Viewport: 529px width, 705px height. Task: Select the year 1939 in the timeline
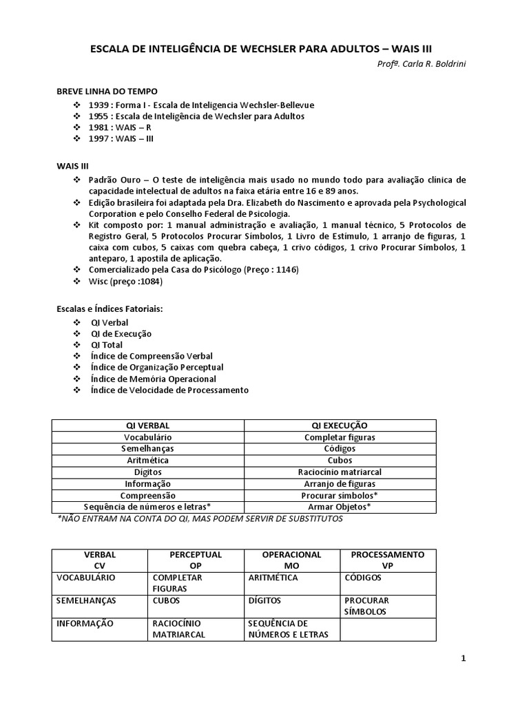[100, 105]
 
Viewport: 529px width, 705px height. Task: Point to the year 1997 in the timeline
[100, 138]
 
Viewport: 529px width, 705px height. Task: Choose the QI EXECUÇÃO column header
[340, 425]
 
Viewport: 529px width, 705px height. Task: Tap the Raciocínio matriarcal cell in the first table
[340, 472]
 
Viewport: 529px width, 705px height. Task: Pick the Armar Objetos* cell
[340, 507]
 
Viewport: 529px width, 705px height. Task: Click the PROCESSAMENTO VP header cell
[388, 560]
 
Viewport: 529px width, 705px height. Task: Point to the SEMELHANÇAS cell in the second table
[86, 600]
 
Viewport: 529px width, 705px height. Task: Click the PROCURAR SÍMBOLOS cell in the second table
[366, 606]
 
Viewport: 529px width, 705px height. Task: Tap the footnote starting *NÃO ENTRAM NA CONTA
[200, 518]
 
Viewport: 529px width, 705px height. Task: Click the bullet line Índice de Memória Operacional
[153, 379]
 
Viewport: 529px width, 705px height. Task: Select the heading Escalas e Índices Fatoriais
[110, 309]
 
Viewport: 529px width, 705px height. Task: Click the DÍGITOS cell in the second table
[264, 600]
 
